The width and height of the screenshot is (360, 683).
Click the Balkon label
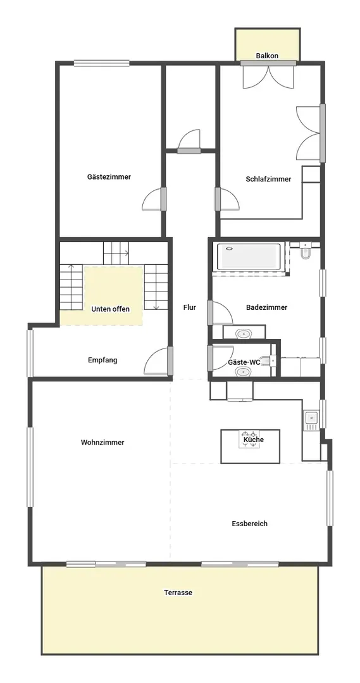(267, 56)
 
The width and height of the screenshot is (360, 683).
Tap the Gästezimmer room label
(109, 177)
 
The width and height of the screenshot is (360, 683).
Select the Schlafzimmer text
(268, 179)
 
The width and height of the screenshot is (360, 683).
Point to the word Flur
(190, 307)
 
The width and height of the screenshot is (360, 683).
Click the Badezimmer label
(267, 307)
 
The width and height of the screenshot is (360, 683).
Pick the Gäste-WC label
(244, 362)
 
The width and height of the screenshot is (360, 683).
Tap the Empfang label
(102, 360)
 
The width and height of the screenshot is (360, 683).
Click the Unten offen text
(110, 309)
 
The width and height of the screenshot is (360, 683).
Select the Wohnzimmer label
(102, 443)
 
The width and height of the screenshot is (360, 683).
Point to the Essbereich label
(250, 524)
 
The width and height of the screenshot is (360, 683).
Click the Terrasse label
(178, 593)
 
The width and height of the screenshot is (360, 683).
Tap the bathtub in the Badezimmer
(249, 257)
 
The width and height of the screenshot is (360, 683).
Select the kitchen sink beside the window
(312, 419)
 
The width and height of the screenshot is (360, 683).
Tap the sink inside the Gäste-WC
(244, 372)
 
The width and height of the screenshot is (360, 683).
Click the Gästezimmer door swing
(153, 199)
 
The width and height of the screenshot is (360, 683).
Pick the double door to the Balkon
(268, 75)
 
